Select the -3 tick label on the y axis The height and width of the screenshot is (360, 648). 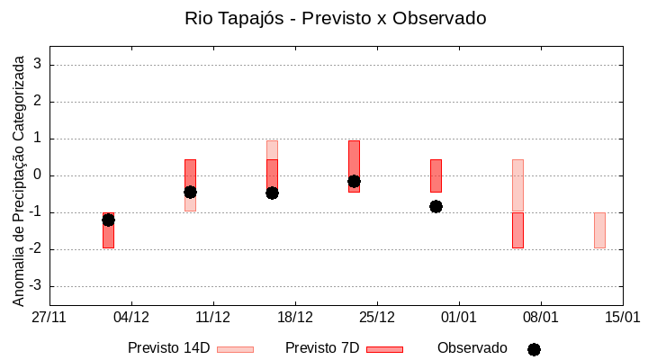[35, 286]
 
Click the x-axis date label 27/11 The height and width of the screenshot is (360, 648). [49, 318]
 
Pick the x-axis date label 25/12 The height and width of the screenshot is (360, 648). [377, 318]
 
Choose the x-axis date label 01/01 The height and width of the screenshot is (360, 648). [459, 318]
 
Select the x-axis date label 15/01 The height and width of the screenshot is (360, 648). [622, 318]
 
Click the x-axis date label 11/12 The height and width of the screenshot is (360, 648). [213, 318]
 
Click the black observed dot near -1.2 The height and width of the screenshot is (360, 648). [108, 220]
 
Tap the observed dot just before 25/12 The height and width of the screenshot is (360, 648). [354, 181]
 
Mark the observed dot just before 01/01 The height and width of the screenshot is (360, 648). [436, 206]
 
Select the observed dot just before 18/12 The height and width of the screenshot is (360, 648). [272, 193]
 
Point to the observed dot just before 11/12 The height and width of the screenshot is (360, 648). [190, 192]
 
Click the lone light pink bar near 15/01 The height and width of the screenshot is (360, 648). [599, 230]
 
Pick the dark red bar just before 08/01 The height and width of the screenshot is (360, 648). [517, 230]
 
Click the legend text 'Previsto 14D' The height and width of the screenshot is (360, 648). [168, 348]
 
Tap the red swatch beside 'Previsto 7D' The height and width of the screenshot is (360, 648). [384, 349]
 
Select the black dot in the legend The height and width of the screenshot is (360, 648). [534, 349]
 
